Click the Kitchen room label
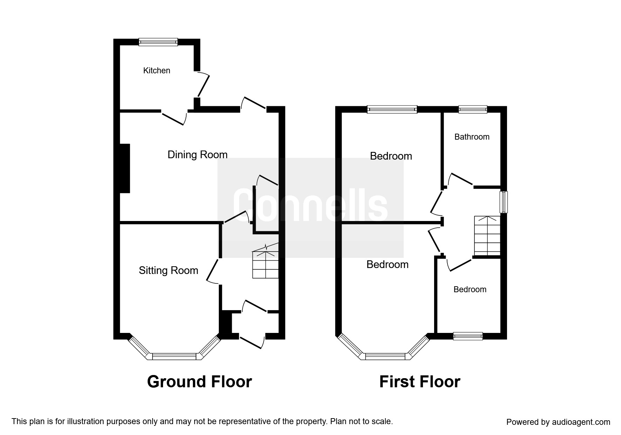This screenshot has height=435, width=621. [x=157, y=71]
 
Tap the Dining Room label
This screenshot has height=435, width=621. [x=197, y=155]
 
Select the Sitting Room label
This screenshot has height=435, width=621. [x=169, y=270]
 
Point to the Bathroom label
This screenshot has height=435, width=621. [x=472, y=137]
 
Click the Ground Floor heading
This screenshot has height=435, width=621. [x=200, y=382]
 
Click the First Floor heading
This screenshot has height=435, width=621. [x=420, y=382]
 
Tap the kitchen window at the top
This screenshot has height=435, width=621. [x=158, y=42]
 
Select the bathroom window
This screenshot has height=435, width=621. [x=473, y=109]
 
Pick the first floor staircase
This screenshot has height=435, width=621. [x=487, y=235]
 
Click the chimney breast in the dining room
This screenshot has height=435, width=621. [x=125, y=168]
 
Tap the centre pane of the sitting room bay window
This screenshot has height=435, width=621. [x=174, y=356]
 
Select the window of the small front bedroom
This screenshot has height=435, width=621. [x=468, y=336]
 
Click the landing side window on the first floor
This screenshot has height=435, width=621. [x=504, y=202]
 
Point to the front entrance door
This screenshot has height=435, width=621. [x=252, y=342]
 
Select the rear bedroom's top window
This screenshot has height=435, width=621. [x=392, y=109]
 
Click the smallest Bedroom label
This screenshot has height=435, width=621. [x=470, y=289]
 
